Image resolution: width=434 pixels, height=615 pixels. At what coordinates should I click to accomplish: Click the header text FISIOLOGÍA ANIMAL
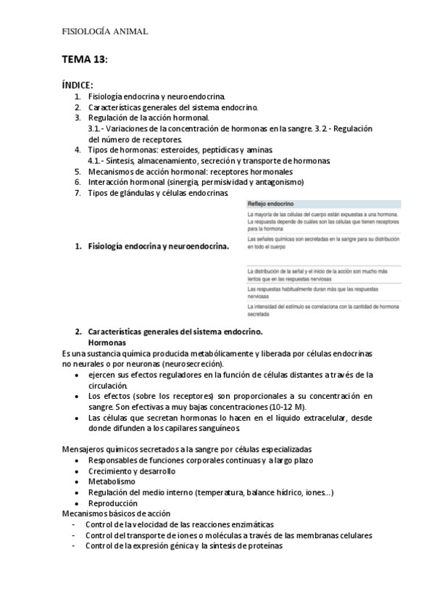pos(105,31)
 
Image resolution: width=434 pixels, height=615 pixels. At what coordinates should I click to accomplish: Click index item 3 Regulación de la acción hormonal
pos(149,117)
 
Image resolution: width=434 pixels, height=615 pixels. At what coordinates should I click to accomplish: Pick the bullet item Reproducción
pos(112,503)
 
